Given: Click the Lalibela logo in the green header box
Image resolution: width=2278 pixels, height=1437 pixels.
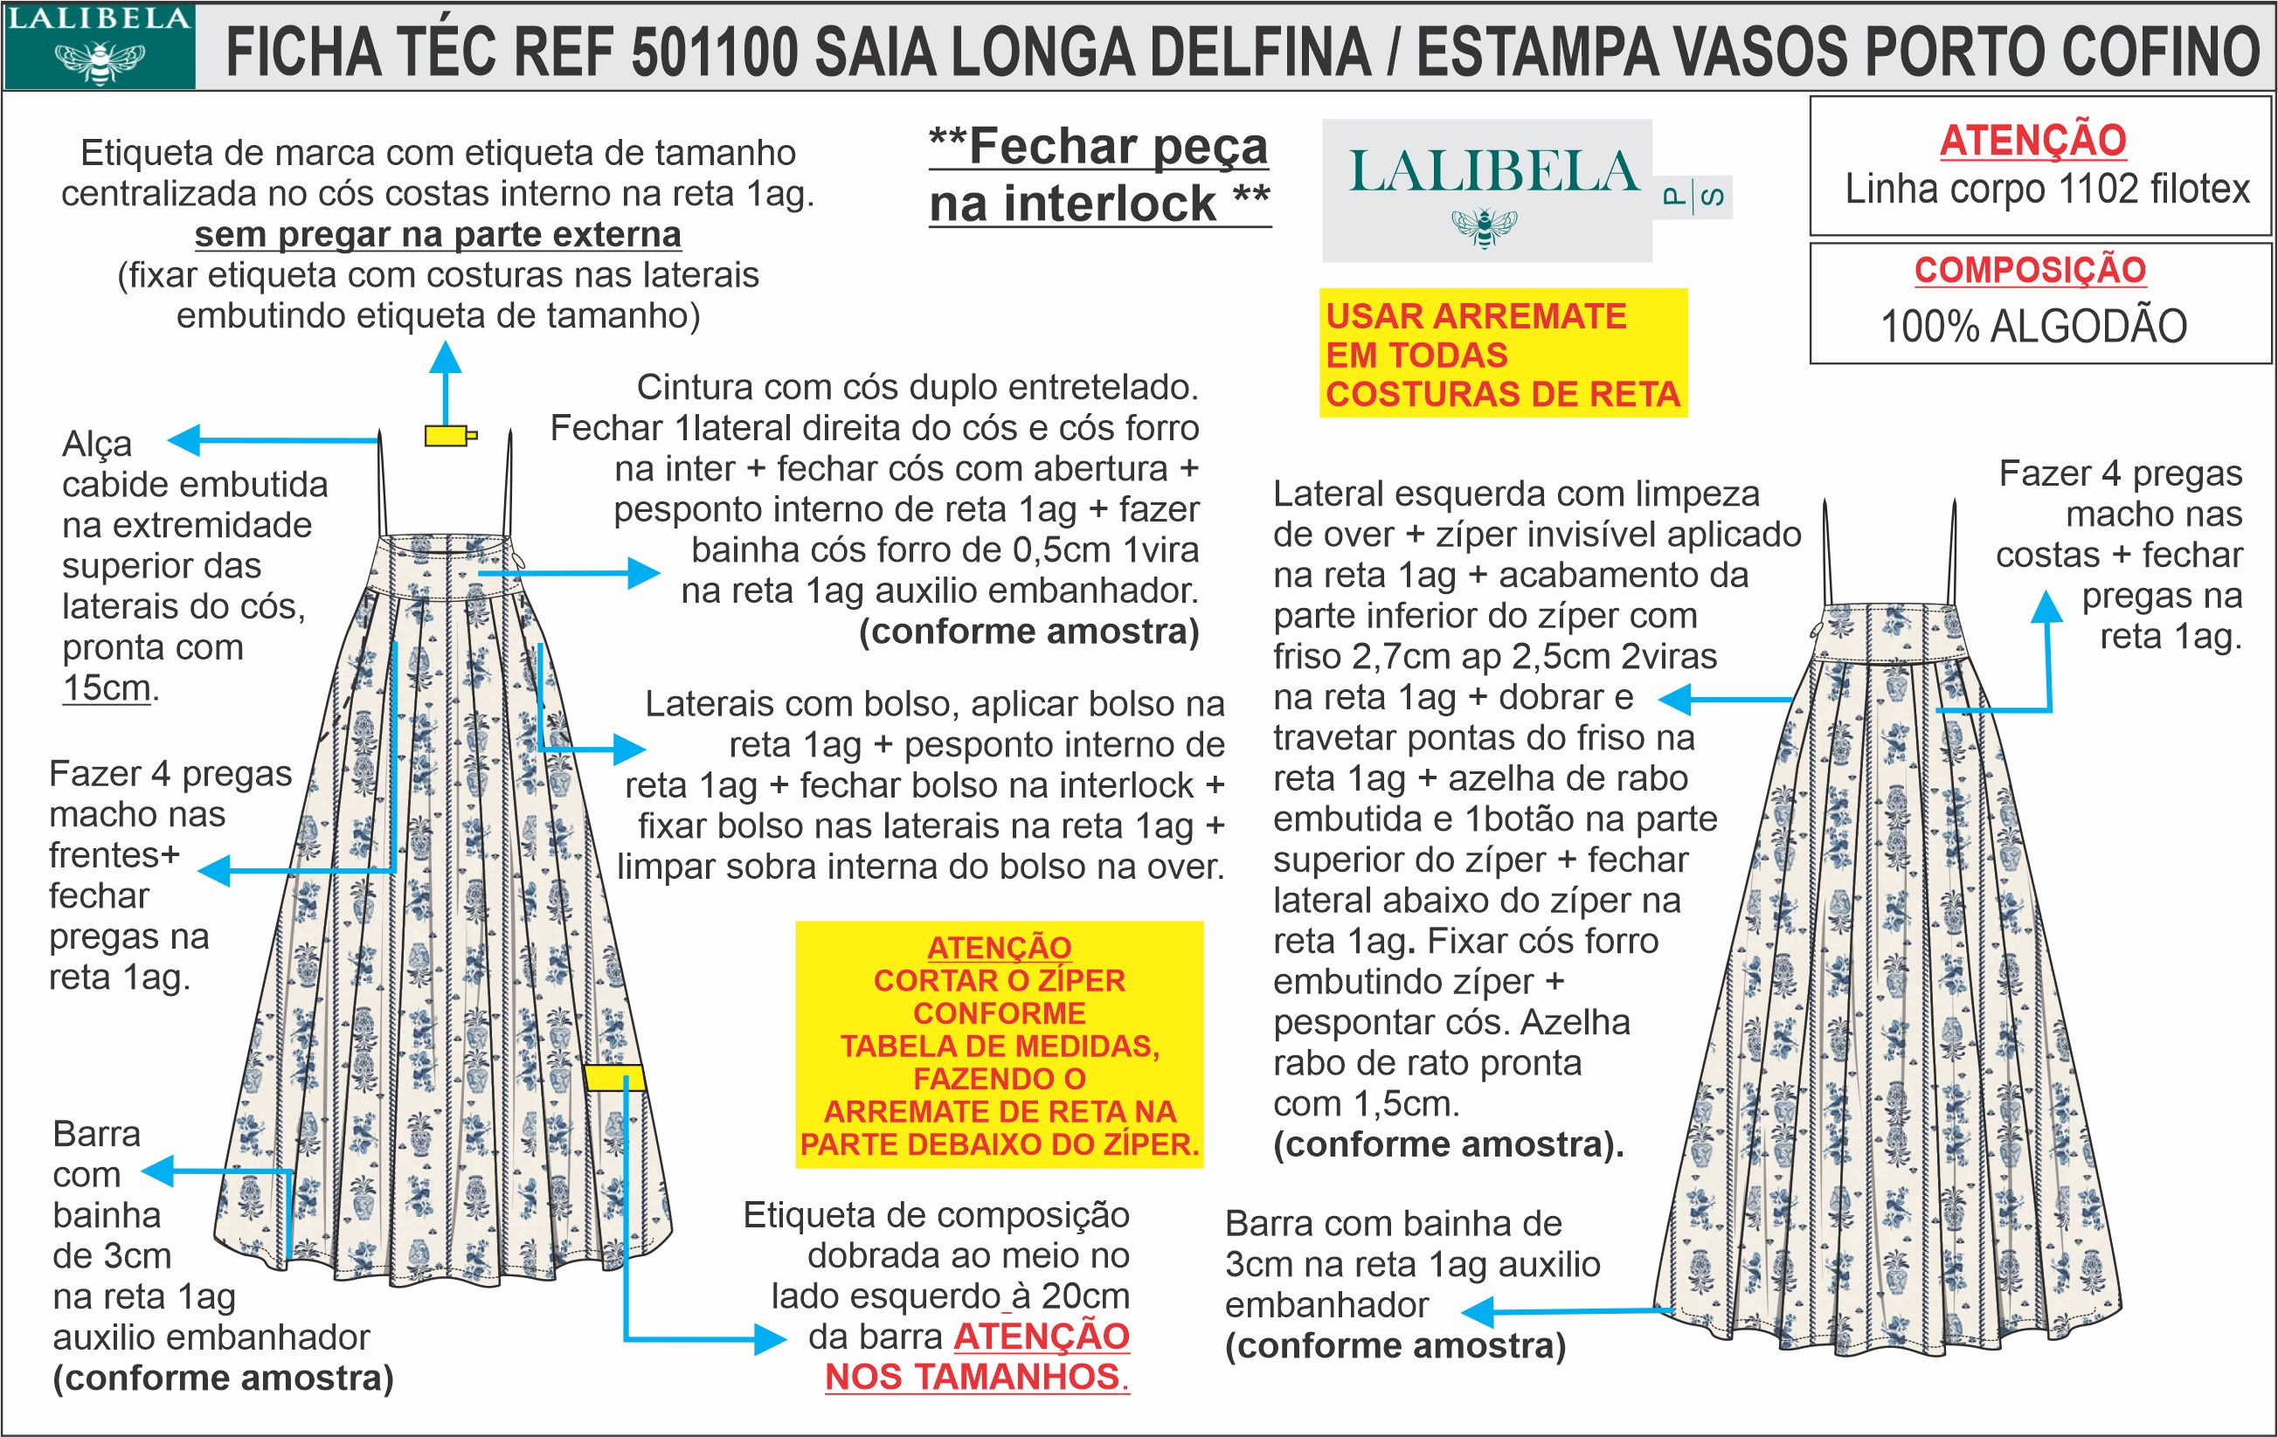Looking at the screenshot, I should pos(99,45).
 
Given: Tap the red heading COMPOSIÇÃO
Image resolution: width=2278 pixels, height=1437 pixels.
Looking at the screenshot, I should pos(2030,271).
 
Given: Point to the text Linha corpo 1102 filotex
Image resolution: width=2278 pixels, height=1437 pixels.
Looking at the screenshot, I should pos(2047,190).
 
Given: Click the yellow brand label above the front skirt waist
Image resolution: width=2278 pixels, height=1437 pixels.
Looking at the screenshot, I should pos(448,435).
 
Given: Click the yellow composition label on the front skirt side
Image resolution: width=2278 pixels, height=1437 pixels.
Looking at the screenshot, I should pos(614,1077).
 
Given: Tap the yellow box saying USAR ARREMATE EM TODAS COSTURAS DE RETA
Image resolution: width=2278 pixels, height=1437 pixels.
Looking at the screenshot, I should pos(1502,354).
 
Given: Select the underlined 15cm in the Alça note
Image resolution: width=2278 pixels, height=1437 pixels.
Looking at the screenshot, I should pos(106,687).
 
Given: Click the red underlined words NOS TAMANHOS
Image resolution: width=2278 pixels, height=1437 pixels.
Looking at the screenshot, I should pos(977,1377).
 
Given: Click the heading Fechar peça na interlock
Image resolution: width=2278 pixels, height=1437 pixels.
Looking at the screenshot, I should pos(1099,175).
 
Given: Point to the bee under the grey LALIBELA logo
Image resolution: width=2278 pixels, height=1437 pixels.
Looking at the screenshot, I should pos(1485,227).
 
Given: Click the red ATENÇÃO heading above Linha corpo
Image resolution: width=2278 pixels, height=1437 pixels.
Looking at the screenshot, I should pos(2033,141).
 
